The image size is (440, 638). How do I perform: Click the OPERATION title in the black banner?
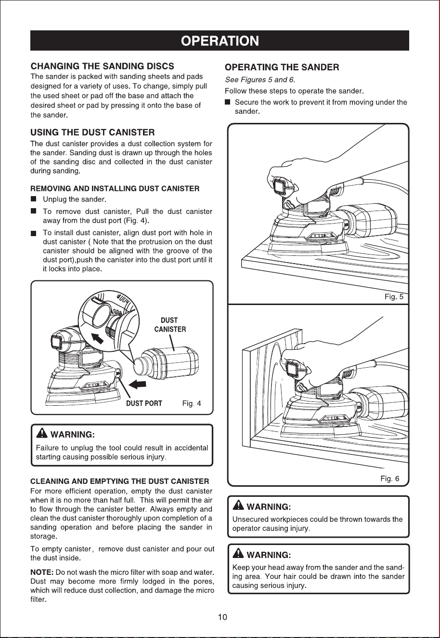coord(220,41)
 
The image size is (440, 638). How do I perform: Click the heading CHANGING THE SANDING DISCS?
coord(102,66)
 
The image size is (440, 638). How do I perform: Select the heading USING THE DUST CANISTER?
coord(92,133)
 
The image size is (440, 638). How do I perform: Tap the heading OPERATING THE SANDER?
coord(282,67)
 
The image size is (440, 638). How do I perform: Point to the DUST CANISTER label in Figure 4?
coord(170,325)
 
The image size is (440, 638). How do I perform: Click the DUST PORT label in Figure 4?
coord(144,403)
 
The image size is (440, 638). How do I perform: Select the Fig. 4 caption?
coord(191,403)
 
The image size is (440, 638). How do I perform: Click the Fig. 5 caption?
coord(394,297)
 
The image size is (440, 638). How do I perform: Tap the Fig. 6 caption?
coord(389,478)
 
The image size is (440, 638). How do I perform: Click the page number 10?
coord(222,617)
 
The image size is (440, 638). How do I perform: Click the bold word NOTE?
coord(42,572)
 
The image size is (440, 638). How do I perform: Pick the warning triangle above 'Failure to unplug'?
coord(42,434)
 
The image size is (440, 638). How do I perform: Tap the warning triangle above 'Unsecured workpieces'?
coord(238,505)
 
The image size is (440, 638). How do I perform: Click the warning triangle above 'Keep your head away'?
coord(238,554)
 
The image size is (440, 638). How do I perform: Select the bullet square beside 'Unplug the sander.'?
coord(34,199)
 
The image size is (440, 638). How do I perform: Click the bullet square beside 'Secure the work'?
coord(227,102)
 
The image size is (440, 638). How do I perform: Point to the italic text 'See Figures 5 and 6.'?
coord(260,80)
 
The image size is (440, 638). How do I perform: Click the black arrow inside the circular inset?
coord(97,338)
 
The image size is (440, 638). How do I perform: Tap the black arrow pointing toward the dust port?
coord(138,385)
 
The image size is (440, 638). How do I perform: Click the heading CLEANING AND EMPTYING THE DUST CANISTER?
coord(120,481)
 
